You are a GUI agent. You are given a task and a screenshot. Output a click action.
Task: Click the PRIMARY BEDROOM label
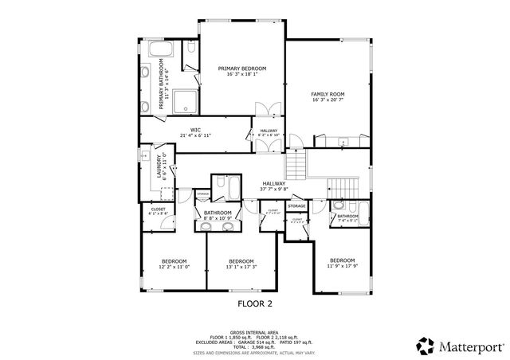coord(242,69)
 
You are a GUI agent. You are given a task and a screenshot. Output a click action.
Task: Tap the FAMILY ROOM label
coord(328,94)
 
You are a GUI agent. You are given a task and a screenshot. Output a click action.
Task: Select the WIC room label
coord(194,130)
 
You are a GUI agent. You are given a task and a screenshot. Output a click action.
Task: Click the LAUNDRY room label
coord(159,169)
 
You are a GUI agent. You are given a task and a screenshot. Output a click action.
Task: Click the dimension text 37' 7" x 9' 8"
coord(274,190)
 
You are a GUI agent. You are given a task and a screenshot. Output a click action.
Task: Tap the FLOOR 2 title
coord(255,303)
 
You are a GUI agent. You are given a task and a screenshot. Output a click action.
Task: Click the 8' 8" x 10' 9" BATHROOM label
coord(217,213)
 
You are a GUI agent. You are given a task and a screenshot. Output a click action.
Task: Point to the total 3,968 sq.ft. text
coord(254,346)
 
